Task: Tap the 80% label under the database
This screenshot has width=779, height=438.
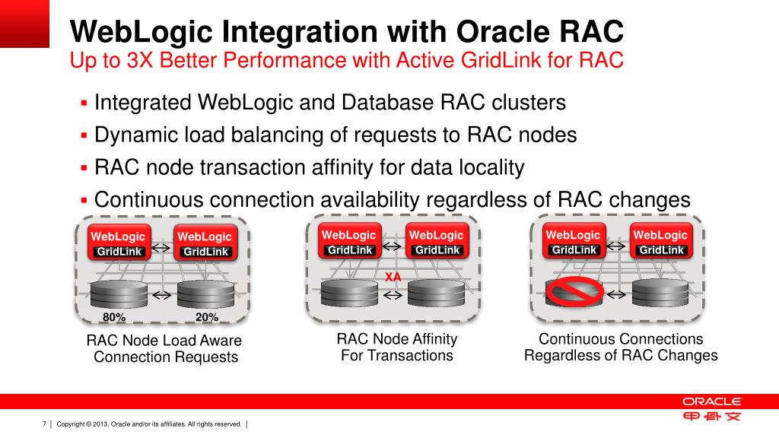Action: pos(114,317)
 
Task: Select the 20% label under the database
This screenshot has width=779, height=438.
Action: pos(207,317)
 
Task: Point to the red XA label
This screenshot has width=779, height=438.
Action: pos(393,278)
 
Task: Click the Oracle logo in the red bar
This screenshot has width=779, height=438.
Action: pos(711,401)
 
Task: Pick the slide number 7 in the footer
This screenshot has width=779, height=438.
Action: pos(45,424)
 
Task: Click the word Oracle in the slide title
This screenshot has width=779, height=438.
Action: pos(505,33)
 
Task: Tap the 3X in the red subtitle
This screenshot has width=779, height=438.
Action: pos(141,60)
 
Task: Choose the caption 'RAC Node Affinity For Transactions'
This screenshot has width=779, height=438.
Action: pos(397,347)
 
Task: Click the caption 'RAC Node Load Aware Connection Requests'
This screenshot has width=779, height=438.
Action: pos(164,349)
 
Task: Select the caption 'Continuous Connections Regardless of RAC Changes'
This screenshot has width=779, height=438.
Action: pos(621,347)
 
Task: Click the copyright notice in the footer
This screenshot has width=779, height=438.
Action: pos(149,424)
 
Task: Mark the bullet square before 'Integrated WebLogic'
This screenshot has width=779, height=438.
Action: pos(85,103)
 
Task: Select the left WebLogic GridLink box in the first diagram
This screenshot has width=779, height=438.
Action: pos(118,243)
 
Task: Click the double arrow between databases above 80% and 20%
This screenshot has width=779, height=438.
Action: pos(161,294)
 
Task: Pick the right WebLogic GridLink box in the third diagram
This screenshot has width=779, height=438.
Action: pos(660,241)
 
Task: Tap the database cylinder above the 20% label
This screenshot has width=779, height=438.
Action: pos(205,294)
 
